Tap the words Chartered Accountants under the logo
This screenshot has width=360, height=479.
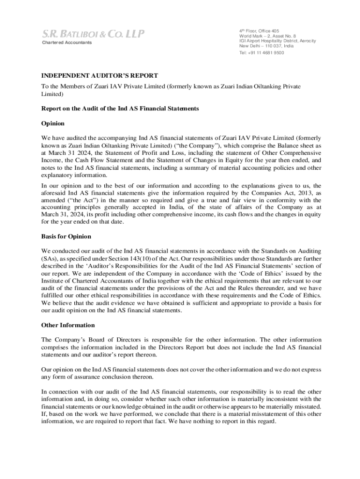pos(67,43)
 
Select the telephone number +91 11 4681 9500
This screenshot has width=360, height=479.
pos(261,53)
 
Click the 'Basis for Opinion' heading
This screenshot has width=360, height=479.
pos(66,236)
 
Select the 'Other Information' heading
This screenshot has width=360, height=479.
pos(68,325)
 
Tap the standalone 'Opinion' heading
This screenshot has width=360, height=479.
pos(52,123)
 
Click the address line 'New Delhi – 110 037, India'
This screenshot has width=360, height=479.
pos(266,46)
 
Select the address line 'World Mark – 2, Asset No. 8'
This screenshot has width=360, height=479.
pos(267,36)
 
